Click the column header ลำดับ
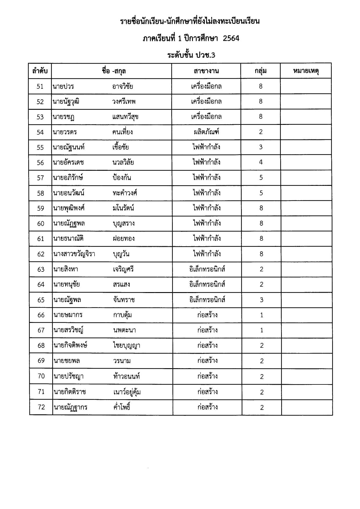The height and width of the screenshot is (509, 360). (40, 71)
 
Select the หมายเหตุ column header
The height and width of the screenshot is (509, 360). (306, 71)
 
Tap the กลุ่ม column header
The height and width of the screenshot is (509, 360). (260, 71)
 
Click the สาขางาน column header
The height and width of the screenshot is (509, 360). (206, 71)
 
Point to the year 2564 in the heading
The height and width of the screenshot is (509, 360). (231, 38)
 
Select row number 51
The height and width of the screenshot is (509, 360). (40, 86)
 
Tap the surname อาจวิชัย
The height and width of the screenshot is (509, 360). (122, 86)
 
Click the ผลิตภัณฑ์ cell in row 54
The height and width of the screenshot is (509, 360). (206, 132)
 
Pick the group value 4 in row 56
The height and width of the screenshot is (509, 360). (261, 162)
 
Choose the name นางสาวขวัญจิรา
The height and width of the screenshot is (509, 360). (74, 254)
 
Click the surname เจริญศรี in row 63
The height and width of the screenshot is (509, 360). (123, 269)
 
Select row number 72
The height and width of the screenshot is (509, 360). (41, 407)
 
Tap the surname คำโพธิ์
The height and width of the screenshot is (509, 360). (122, 407)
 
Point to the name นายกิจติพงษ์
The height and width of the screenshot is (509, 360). (70, 345)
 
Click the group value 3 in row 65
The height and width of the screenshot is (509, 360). (261, 300)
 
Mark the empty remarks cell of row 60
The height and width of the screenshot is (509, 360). (306, 223)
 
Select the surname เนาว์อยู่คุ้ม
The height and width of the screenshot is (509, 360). (127, 392)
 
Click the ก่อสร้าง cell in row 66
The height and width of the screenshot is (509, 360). (207, 315)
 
